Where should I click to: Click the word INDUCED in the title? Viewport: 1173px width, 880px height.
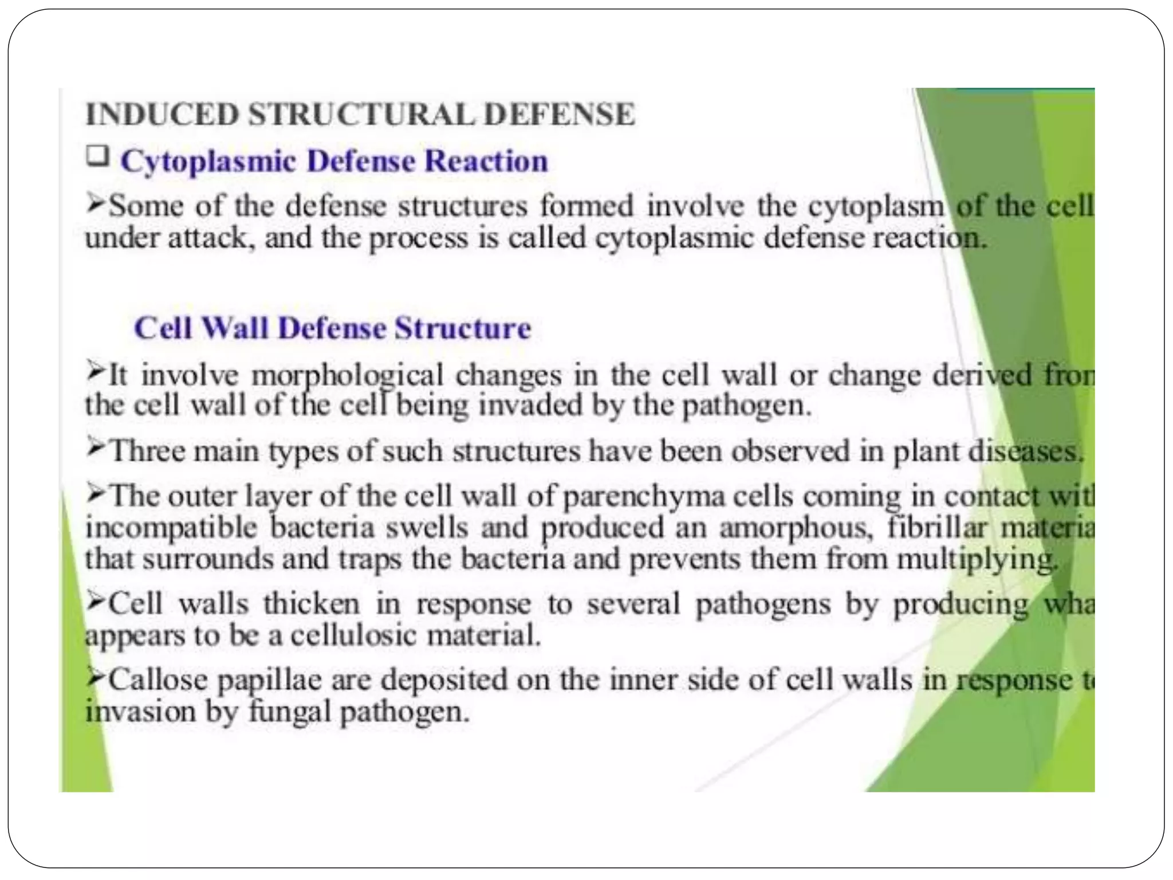(162, 114)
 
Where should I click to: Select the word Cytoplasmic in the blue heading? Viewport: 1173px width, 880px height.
(208, 162)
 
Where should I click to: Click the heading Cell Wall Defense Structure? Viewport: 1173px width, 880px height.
(332, 328)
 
